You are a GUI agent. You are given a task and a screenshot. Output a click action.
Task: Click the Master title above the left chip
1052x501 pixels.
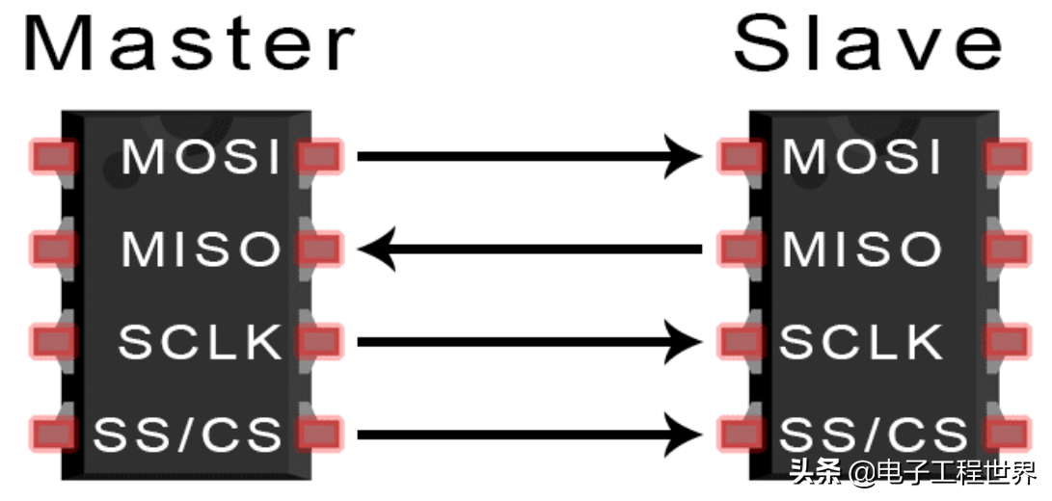[189, 43]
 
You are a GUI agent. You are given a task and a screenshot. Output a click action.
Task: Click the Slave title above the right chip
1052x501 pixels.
[868, 43]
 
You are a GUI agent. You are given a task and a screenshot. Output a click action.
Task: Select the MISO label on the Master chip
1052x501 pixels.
[201, 250]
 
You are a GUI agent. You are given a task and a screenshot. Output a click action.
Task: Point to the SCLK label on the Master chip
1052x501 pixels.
[200, 342]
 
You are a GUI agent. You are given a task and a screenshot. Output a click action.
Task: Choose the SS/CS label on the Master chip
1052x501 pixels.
[187, 435]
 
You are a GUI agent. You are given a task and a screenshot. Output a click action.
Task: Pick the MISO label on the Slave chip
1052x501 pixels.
[862, 250]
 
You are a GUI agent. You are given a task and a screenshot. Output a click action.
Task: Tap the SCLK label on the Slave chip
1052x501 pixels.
[861, 342]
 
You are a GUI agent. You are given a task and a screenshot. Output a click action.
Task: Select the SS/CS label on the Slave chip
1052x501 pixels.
[873, 435]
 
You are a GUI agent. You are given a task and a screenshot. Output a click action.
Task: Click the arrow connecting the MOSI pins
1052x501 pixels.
[530, 157]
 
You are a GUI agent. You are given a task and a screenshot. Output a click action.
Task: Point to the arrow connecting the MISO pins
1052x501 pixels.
[530, 250]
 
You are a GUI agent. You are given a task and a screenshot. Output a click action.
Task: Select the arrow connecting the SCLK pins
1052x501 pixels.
[530, 342]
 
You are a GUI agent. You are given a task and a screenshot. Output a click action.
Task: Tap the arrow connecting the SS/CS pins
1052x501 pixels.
[530, 435]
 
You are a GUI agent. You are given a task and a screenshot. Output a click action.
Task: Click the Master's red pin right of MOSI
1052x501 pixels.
[320, 157]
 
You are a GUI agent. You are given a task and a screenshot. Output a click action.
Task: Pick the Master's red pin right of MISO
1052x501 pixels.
[320, 250]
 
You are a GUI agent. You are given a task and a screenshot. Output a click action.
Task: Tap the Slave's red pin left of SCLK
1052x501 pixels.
[741, 342]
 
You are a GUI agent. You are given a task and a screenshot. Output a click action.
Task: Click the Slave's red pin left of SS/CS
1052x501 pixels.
[741, 435]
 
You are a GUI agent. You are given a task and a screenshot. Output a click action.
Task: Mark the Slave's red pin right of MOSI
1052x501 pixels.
[1007, 157]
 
